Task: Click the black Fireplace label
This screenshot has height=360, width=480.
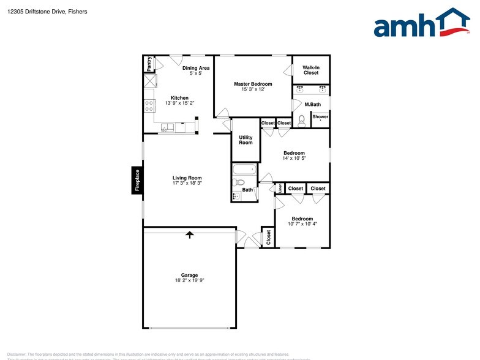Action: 137,181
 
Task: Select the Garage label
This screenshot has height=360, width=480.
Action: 189,275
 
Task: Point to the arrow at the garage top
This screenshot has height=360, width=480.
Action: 190,234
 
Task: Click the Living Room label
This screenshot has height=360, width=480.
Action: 187,178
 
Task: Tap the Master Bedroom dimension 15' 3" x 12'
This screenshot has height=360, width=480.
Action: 253,89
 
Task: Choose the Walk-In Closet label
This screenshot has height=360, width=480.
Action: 311,70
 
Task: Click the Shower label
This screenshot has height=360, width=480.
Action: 320,116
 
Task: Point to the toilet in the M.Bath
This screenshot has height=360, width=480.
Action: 301,121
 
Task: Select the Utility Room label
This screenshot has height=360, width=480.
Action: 246,140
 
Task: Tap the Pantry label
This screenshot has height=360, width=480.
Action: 149,64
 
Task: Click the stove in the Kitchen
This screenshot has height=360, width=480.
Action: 149,105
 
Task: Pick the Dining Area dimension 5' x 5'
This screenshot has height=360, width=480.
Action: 196,73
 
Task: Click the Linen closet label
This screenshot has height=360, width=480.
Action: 280,188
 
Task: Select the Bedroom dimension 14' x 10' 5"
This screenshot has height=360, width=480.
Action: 294,158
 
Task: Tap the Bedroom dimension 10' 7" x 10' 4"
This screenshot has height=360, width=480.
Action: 302,224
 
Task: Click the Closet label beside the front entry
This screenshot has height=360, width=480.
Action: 268,238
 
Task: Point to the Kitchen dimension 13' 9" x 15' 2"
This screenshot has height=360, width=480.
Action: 179,103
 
